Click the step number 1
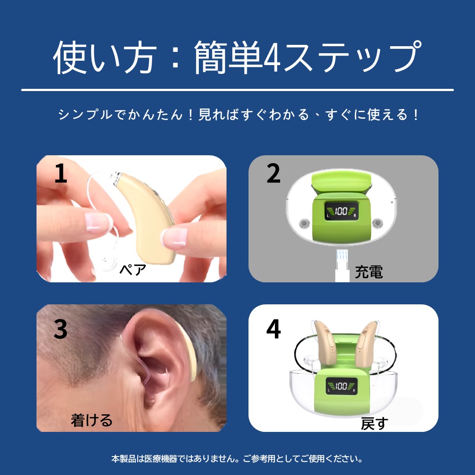(61, 173)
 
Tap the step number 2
(273, 173)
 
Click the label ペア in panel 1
(133, 269)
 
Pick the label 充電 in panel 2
(369, 272)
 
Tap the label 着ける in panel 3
(91, 420)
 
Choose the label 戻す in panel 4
(374, 423)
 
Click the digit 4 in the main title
(272, 58)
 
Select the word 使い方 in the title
(105, 58)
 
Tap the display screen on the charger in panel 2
(341, 211)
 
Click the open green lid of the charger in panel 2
(342, 182)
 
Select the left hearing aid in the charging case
(325, 342)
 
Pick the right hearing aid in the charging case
(366, 342)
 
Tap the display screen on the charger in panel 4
(341, 386)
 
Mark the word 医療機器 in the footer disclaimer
(161, 459)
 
